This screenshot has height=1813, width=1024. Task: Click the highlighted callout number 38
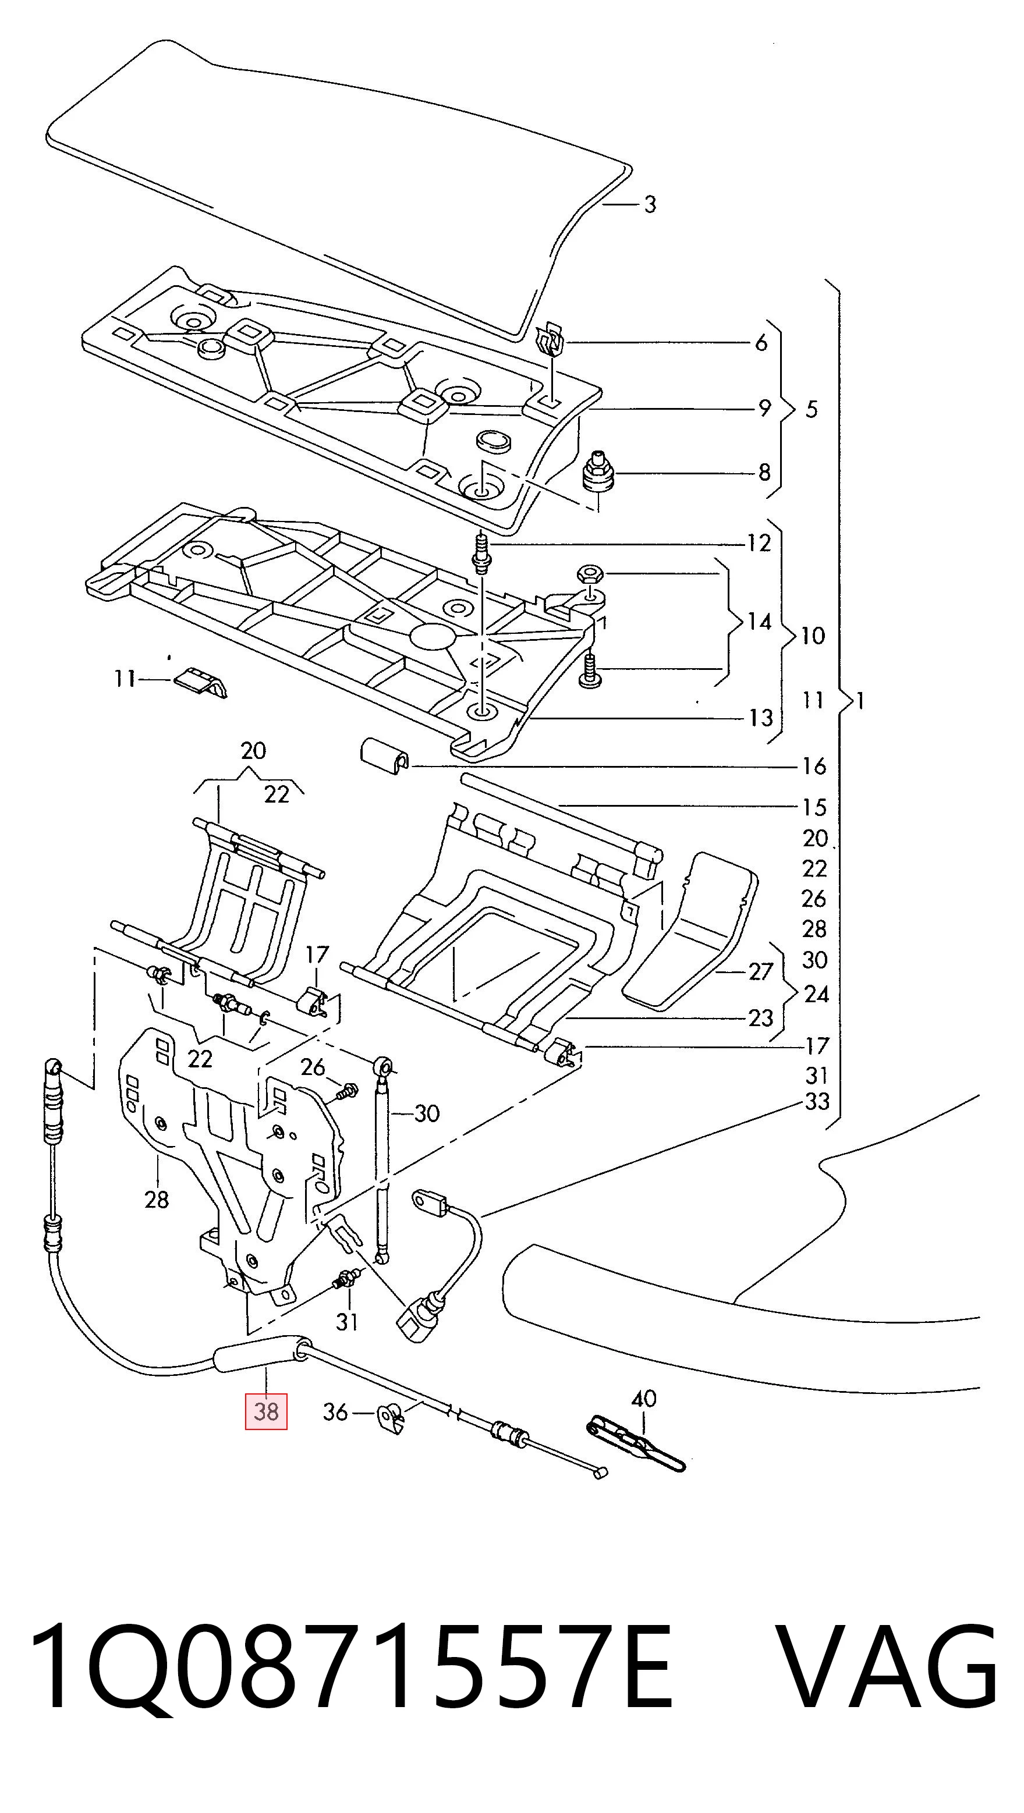(266, 1411)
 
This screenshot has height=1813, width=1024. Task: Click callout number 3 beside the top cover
(650, 204)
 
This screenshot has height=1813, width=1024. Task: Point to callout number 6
(761, 343)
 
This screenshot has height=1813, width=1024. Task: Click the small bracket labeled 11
(201, 682)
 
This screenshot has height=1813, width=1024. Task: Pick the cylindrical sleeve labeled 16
(384, 756)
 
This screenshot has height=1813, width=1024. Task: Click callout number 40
(644, 1398)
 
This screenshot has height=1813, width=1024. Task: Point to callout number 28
(156, 1198)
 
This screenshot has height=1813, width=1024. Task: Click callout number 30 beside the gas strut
(427, 1113)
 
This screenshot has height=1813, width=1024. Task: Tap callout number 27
(760, 971)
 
